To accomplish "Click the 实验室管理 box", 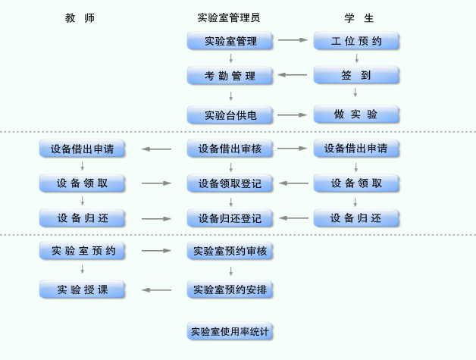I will [x=230, y=41].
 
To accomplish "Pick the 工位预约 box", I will [x=355, y=41].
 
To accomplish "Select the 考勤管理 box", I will [x=230, y=75].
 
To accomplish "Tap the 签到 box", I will [x=355, y=75].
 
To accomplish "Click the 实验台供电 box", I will [x=230, y=115].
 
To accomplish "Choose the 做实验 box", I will [x=355, y=115].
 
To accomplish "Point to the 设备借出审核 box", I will [x=230, y=149].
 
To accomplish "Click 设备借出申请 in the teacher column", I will [x=82, y=149].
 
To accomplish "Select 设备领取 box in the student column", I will [x=355, y=183].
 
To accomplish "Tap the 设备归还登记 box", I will [x=230, y=218].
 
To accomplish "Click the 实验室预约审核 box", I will [x=230, y=251].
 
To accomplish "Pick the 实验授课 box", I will [x=82, y=289].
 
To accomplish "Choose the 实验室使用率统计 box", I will [x=230, y=331].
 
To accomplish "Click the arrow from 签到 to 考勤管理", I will [x=293, y=75].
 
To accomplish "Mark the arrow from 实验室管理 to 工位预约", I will [x=293, y=41].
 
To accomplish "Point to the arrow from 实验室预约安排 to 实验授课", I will [x=157, y=289].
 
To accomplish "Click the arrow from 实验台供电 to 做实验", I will [x=293, y=115].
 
